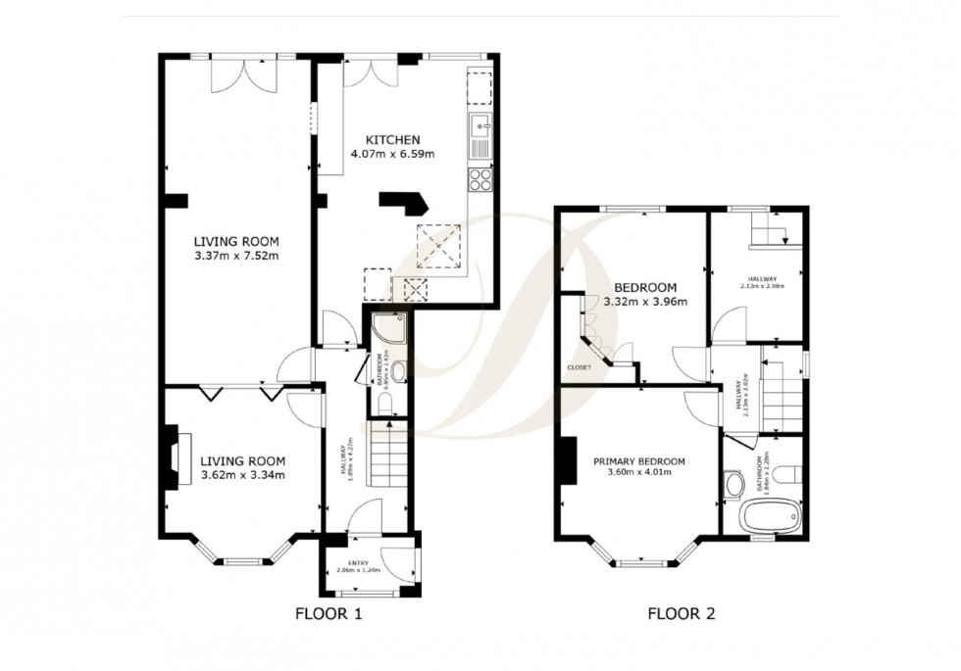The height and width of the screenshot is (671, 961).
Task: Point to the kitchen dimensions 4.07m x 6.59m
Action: tap(392, 154)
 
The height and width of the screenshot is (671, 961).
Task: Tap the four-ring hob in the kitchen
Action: tap(480, 178)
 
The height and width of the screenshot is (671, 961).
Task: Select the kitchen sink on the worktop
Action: tap(481, 125)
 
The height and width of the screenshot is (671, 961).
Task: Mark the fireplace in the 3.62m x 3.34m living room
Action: tap(173, 455)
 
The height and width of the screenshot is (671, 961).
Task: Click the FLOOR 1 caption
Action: tap(329, 615)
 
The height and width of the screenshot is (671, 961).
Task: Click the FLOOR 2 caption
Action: tap(681, 615)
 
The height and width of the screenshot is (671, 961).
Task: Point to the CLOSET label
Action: tap(579, 367)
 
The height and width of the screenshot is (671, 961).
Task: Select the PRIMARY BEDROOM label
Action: tap(638, 461)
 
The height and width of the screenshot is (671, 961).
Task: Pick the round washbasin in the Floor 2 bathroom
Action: tap(733, 482)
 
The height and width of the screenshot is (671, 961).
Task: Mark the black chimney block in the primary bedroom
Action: tap(566, 460)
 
